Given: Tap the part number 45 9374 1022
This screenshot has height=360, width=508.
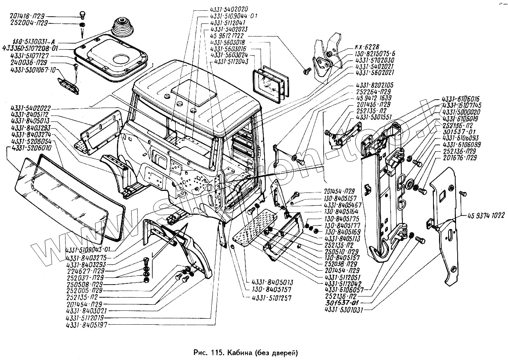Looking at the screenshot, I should [486, 216].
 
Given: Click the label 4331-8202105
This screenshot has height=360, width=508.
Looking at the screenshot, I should [374, 85].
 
